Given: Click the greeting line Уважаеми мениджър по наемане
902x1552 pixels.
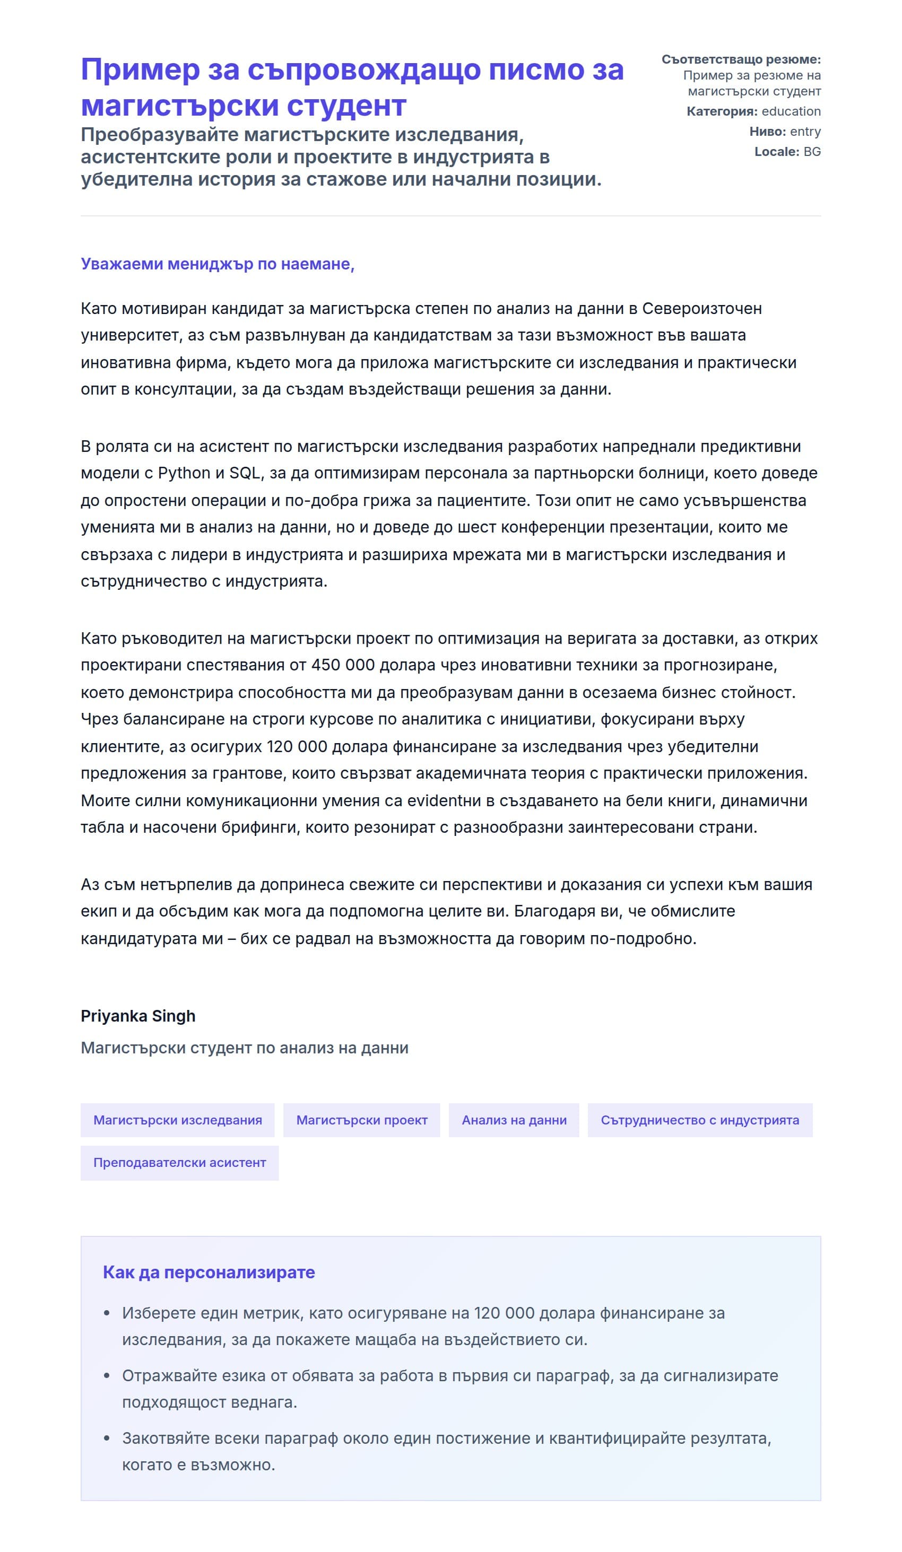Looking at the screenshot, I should pyautogui.click(x=217, y=264).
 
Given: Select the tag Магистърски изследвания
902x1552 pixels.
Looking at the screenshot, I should pyautogui.click(x=177, y=1120).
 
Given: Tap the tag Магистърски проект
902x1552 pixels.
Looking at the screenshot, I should pyautogui.click(x=362, y=1120).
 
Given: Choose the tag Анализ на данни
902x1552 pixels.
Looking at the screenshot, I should pyautogui.click(x=514, y=1120).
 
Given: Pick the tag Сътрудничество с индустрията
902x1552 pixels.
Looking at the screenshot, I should pyautogui.click(x=699, y=1120).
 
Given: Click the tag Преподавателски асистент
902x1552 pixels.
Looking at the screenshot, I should pyautogui.click(x=179, y=1162).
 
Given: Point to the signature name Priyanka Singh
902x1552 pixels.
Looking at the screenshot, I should pyautogui.click(x=138, y=1016).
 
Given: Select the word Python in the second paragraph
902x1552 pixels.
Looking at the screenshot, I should pyautogui.click(x=184, y=473).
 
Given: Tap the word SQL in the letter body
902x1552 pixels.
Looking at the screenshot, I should pyautogui.click(x=245, y=473).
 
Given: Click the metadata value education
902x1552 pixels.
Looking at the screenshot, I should pyautogui.click(x=791, y=111).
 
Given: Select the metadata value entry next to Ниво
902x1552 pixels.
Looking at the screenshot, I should pyautogui.click(x=805, y=132).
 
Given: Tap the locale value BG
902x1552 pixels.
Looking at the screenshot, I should pyautogui.click(x=811, y=152).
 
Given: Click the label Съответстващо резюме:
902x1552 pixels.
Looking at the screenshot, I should pyautogui.click(x=741, y=60).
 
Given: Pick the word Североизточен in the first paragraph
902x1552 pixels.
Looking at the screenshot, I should pyautogui.click(x=702, y=309).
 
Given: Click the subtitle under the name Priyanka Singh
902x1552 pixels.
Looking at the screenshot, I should pyautogui.click(x=244, y=1048).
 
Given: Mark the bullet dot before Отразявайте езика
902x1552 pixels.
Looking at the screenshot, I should pyautogui.click(x=107, y=1375).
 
